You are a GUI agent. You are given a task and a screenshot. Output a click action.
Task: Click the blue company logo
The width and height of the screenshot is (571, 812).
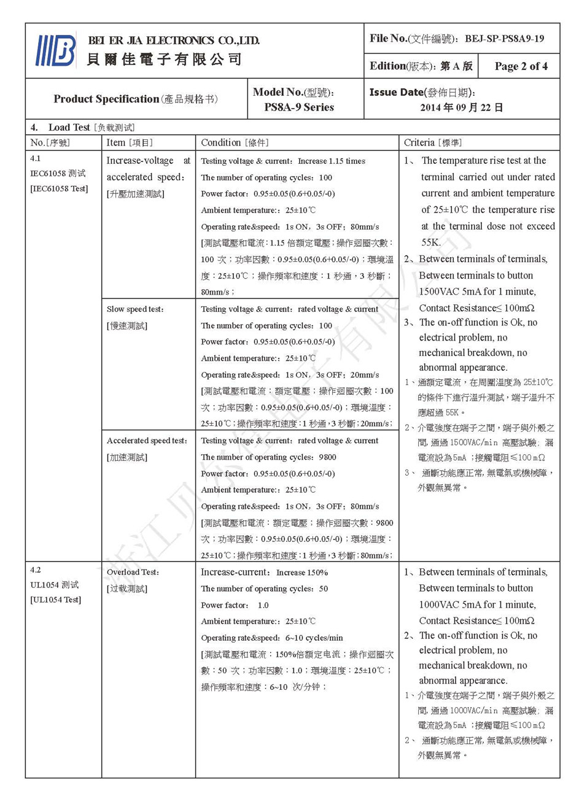tap(56, 50)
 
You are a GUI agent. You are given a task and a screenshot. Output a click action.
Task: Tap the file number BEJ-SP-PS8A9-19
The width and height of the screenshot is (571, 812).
tap(504, 39)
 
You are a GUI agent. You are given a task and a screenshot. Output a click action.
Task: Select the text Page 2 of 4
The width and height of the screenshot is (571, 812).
tap(521, 66)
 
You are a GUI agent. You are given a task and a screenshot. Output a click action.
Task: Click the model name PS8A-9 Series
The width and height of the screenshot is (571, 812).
tap(299, 107)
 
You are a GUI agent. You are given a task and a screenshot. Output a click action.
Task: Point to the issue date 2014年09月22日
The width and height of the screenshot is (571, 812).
tap(462, 107)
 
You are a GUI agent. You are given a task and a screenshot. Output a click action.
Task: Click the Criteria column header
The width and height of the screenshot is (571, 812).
tap(433, 142)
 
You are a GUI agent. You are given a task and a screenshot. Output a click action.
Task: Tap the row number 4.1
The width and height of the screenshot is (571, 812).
tap(36, 158)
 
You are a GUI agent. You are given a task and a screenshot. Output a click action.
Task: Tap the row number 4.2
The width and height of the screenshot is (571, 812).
tap(36, 570)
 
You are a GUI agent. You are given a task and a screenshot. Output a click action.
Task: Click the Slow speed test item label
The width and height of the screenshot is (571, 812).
tap(135, 309)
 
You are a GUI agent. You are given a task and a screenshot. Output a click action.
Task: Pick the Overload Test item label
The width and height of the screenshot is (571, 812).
tap(133, 572)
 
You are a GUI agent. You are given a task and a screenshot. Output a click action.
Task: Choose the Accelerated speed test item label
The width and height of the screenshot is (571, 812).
tap(147, 441)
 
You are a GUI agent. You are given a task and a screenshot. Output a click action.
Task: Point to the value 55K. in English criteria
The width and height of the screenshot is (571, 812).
tap(430, 242)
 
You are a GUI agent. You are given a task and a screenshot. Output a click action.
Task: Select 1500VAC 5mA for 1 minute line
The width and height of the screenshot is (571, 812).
tap(477, 292)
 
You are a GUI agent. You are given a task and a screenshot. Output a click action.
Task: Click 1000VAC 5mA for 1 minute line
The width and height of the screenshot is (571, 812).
tap(477, 605)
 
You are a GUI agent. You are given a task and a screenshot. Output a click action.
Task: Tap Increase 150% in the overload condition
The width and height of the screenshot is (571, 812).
tap(301, 573)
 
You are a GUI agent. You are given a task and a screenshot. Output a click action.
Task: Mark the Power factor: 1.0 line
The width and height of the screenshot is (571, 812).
tap(235, 605)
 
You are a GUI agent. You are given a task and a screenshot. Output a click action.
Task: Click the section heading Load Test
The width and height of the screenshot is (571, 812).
tap(69, 127)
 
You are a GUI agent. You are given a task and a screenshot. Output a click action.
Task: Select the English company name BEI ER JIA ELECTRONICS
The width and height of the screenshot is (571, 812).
tap(174, 41)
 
